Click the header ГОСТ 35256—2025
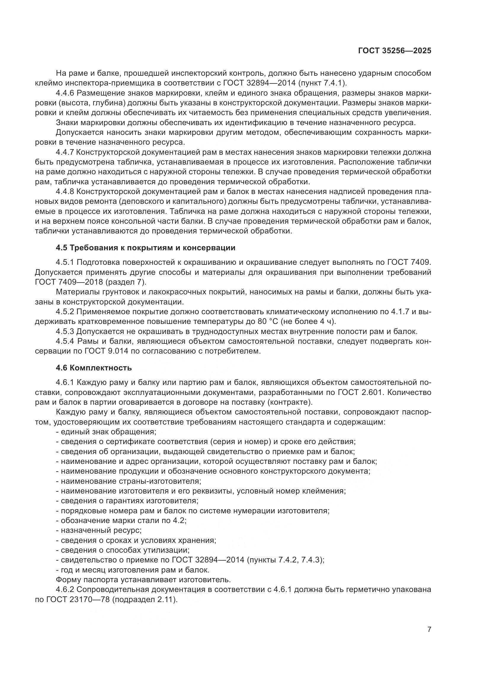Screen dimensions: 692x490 coord(395,51)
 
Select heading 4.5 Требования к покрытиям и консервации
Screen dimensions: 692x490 coord(145,248)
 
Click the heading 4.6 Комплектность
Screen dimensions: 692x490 coord(94,368)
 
